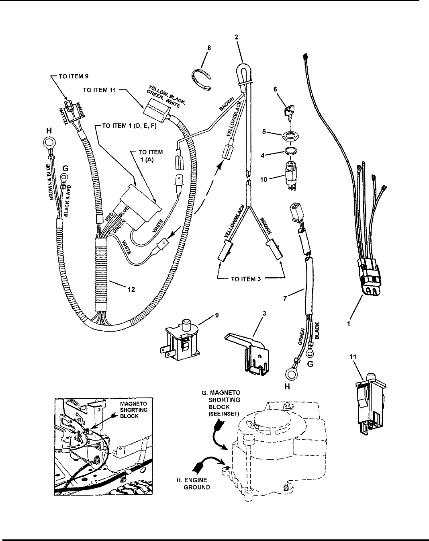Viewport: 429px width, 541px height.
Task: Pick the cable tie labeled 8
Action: [x=202, y=79]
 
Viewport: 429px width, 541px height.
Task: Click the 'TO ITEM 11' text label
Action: [x=100, y=90]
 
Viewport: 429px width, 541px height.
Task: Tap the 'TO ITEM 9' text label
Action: [x=74, y=76]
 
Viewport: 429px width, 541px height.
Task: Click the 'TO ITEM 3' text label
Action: [x=246, y=279]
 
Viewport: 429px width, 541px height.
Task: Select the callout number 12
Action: [x=131, y=289]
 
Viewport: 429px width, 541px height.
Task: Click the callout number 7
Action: [x=285, y=299]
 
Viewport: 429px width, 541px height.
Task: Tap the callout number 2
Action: [x=236, y=37]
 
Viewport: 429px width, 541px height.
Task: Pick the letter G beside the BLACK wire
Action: [x=311, y=364]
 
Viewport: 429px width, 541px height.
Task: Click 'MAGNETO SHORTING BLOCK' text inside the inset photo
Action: [x=133, y=410]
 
